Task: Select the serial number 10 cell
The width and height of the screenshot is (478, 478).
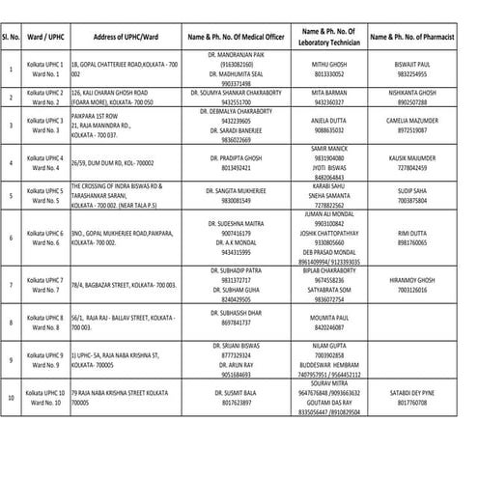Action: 10,397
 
